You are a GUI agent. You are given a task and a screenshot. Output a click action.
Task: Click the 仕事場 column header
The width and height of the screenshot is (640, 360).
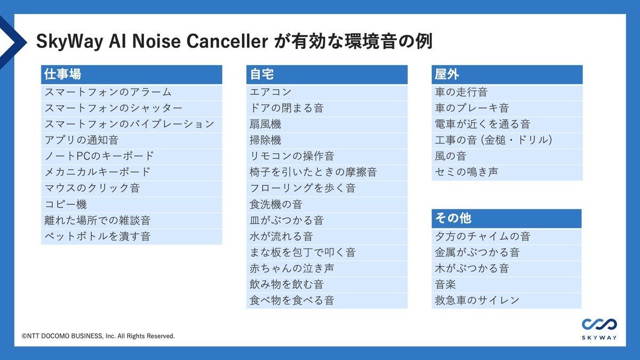click(x=131, y=74)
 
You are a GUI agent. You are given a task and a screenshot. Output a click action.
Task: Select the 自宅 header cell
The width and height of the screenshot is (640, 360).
click(x=326, y=74)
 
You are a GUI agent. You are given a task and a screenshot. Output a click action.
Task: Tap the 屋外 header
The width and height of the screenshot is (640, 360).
click(x=507, y=74)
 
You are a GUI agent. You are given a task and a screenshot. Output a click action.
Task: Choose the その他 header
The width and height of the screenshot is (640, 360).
click(x=506, y=218)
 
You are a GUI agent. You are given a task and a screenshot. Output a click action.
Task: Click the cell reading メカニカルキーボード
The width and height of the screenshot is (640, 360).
click(x=131, y=172)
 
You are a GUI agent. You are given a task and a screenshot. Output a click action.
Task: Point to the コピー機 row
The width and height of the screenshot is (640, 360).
click(x=131, y=204)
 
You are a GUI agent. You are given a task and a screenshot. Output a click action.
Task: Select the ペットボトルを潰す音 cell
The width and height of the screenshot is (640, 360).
click(x=131, y=236)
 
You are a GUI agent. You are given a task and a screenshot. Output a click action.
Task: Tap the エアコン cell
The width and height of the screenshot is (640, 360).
click(x=326, y=92)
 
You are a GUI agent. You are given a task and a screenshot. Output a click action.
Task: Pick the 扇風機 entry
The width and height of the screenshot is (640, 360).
click(x=326, y=124)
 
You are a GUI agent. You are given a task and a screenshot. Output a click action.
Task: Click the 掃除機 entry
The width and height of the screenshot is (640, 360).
click(x=326, y=140)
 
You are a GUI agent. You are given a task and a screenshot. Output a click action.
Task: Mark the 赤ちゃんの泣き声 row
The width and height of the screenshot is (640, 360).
click(x=326, y=268)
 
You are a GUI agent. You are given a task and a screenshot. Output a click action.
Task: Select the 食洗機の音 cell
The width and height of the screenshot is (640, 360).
click(x=326, y=204)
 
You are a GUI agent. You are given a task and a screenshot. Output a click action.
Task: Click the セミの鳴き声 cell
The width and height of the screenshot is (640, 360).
click(x=507, y=172)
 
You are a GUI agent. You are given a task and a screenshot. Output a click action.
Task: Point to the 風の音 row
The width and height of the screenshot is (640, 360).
click(x=507, y=156)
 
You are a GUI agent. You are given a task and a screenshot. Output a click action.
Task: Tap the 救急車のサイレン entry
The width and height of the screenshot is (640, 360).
click(x=506, y=300)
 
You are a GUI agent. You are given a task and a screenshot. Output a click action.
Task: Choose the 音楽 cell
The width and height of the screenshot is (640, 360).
click(x=506, y=284)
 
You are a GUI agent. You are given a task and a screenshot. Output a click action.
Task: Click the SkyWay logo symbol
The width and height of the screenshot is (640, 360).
click(x=599, y=324)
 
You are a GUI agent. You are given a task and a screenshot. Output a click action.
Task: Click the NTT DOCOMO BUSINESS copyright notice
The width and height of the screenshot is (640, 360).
click(x=98, y=337)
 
